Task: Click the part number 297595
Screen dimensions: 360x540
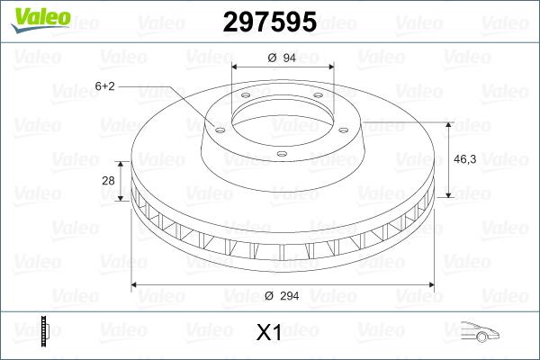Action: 269,22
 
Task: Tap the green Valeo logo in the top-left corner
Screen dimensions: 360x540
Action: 34,19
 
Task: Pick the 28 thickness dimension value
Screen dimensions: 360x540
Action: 108,181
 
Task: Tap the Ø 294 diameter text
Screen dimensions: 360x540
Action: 283,295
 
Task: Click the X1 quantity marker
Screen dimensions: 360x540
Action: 269,333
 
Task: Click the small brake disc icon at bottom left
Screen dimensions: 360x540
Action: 43,332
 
